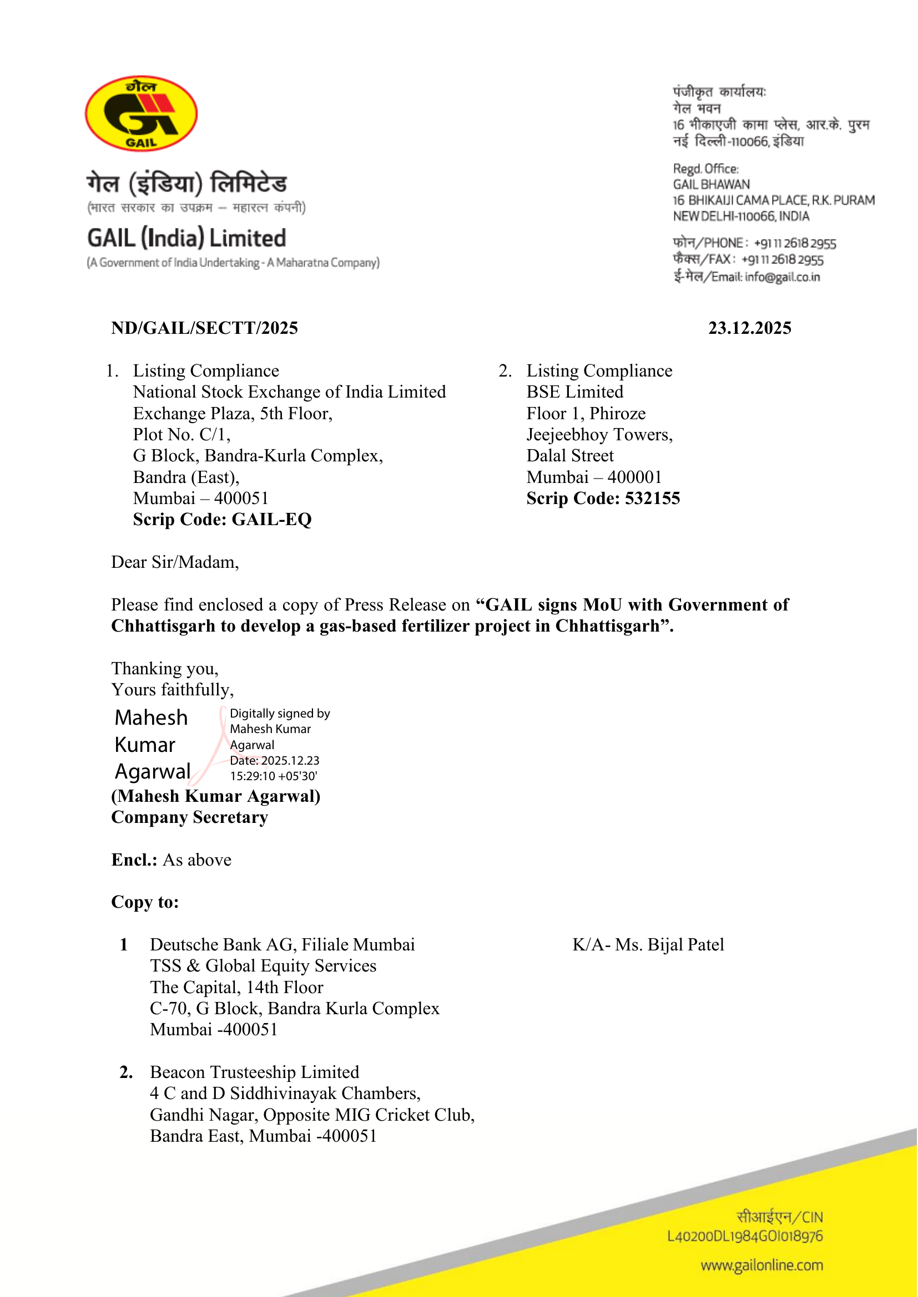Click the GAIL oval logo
(142, 114)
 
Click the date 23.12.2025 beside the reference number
(749, 328)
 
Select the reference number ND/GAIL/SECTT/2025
(205, 328)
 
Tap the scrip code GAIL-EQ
(271, 520)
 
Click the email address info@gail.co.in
(783, 277)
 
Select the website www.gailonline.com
(761, 1265)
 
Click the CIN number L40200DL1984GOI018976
(744, 1237)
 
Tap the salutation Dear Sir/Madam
(175, 562)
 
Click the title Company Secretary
(189, 817)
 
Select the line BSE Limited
(574, 392)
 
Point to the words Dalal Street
(569, 456)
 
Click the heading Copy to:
(145, 902)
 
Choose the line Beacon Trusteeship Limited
(254, 1072)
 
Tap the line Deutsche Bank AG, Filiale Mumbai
(282, 944)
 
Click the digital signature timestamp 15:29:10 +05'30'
(274, 776)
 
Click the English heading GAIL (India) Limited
(186, 238)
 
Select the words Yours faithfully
(173, 690)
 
